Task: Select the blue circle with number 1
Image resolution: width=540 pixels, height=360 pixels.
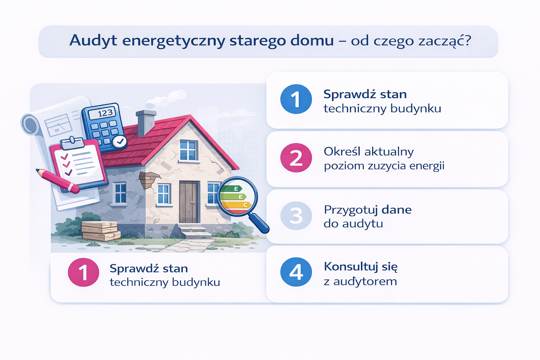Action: (x=296, y=99)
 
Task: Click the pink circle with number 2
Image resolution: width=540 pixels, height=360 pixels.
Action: (x=296, y=158)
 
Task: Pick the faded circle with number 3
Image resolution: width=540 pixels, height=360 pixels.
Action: (x=296, y=216)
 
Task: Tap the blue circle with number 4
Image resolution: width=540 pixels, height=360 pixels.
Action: (x=296, y=272)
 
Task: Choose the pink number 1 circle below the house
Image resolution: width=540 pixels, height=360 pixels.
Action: (x=83, y=272)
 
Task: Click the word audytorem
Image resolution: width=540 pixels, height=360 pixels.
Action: (x=365, y=281)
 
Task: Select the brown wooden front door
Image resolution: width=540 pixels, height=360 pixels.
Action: (x=188, y=202)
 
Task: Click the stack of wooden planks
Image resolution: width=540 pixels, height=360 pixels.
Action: (x=101, y=231)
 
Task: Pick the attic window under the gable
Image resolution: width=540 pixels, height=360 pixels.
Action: (x=189, y=150)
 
